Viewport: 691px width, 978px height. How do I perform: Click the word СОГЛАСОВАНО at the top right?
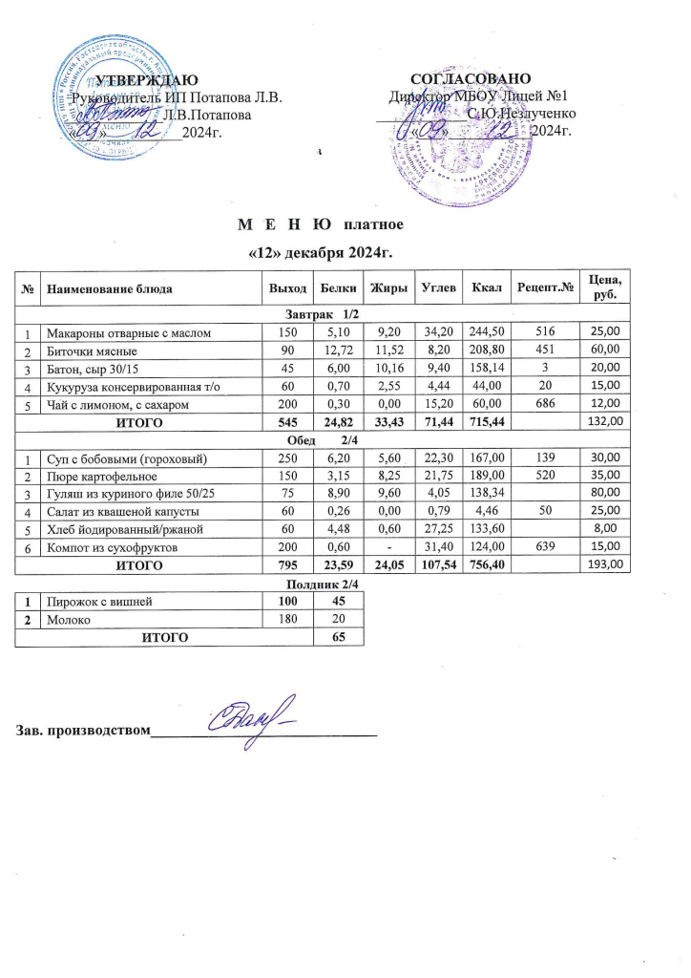[x=471, y=78]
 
